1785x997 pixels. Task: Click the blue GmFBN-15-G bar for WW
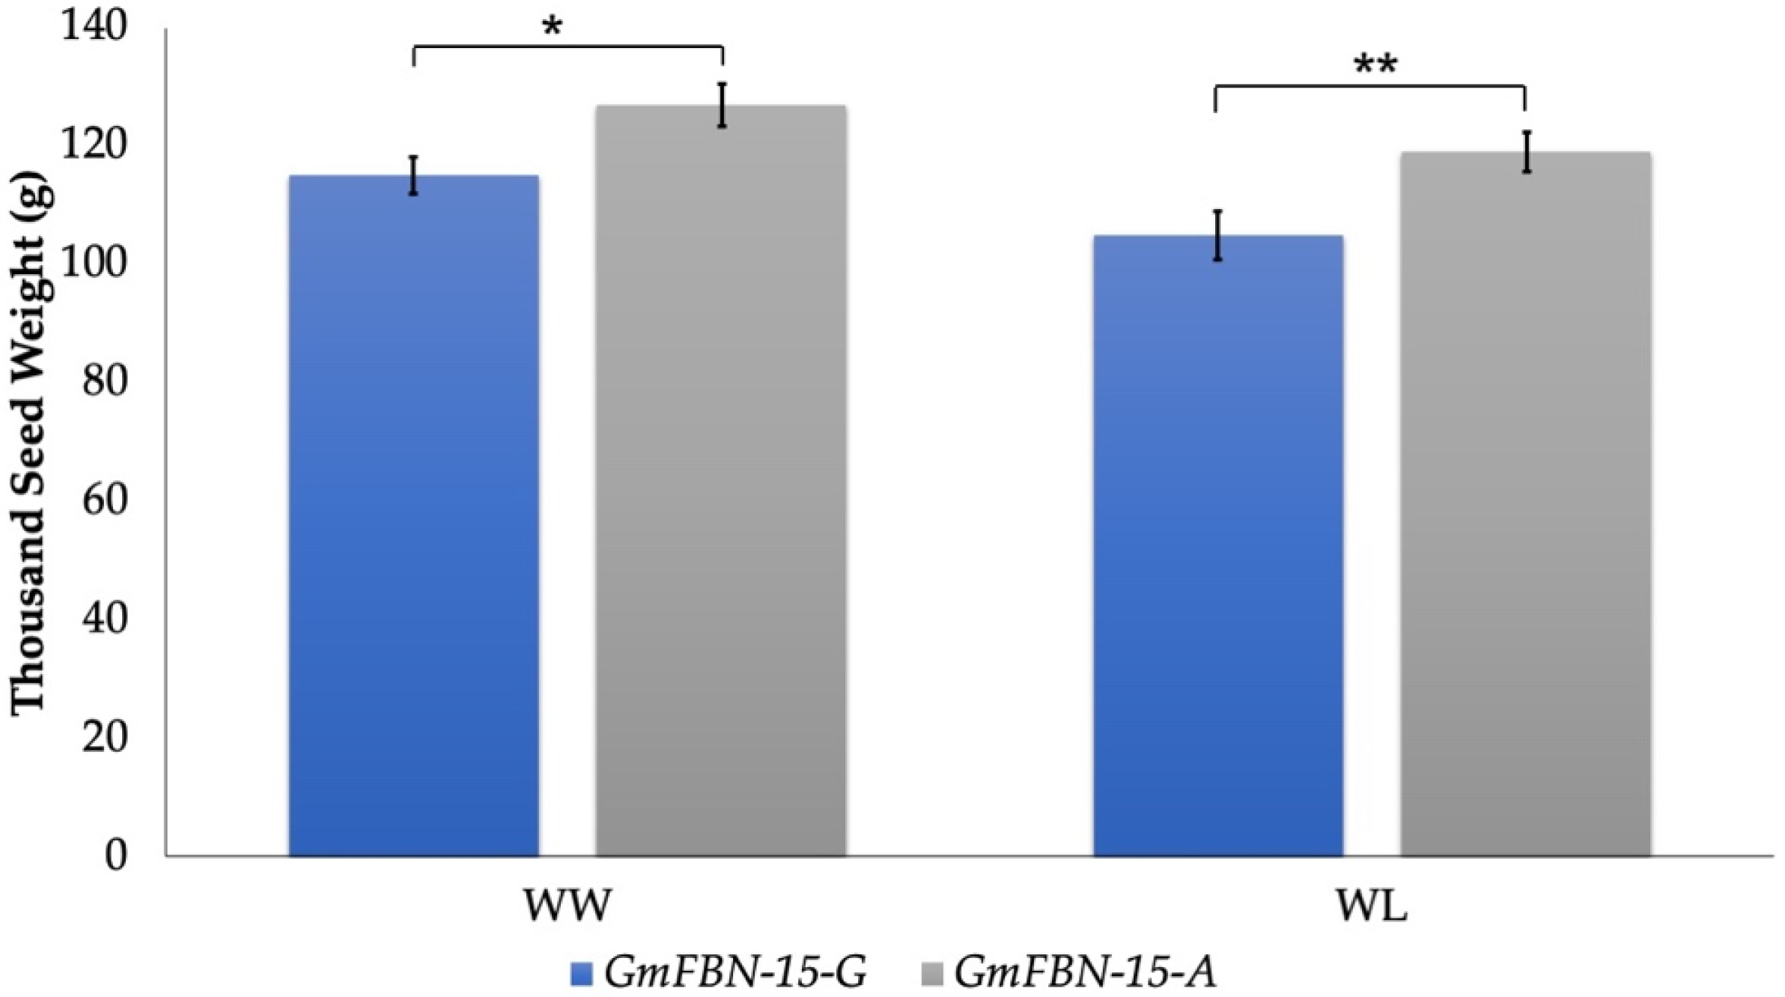click(413, 517)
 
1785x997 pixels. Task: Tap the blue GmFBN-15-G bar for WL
click(1217, 547)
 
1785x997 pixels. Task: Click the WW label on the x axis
click(567, 906)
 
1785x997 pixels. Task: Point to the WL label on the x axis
click(1372, 906)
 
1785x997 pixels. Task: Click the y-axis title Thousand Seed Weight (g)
click(30, 442)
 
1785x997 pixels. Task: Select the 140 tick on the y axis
click(94, 26)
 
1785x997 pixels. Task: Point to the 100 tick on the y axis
click(94, 263)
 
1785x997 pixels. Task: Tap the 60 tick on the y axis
click(105, 500)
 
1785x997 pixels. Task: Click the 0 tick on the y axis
click(116, 855)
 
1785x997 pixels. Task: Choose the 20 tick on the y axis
click(105, 736)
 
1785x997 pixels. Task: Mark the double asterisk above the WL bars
click(1375, 66)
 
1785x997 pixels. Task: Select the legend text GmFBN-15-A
click(1085, 973)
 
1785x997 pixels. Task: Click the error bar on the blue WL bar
click(1217, 235)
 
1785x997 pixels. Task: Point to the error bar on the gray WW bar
click(722, 105)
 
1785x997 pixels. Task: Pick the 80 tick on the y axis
click(105, 381)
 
